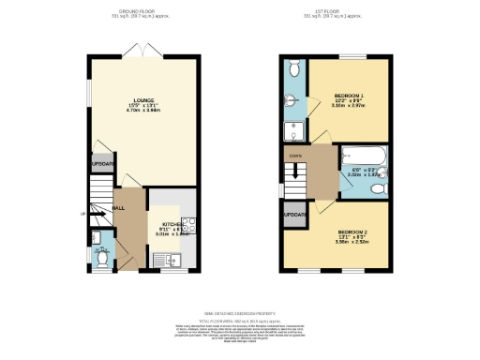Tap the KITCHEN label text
pyautogui.click(x=172, y=225)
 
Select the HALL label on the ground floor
pyautogui.click(x=119, y=208)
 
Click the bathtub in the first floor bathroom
pyautogui.click(x=363, y=156)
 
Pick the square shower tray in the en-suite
pyautogui.click(x=292, y=129)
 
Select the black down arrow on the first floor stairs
pyautogui.click(x=299, y=172)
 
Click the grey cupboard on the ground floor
pyautogui.click(x=102, y=164)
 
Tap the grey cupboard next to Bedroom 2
pyautogui.click(x=294, y=216)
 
